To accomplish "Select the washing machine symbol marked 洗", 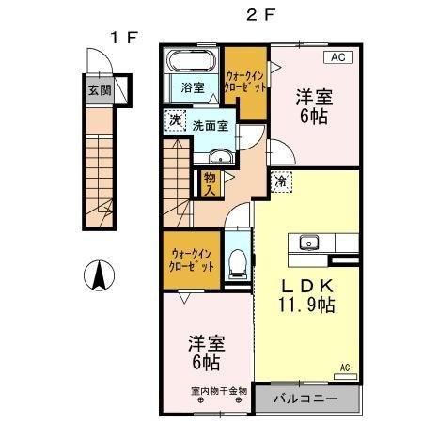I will (x=173, y=120).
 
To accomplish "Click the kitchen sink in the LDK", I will (x=308, y=243).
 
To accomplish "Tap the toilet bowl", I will (x=239, y=261).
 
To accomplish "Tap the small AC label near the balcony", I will (x=344, y=367).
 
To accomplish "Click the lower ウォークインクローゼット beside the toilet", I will (x=192, y=259).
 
